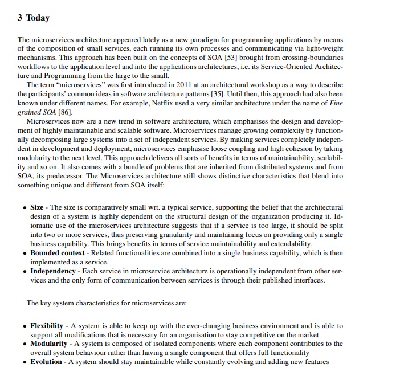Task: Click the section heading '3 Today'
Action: [x=33, y=18]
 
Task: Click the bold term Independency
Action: [x=53, y=271]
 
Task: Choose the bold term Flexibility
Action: [x=47, y=326]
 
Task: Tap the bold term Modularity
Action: [x=50, y=344]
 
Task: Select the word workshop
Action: [x=254, y=85]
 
